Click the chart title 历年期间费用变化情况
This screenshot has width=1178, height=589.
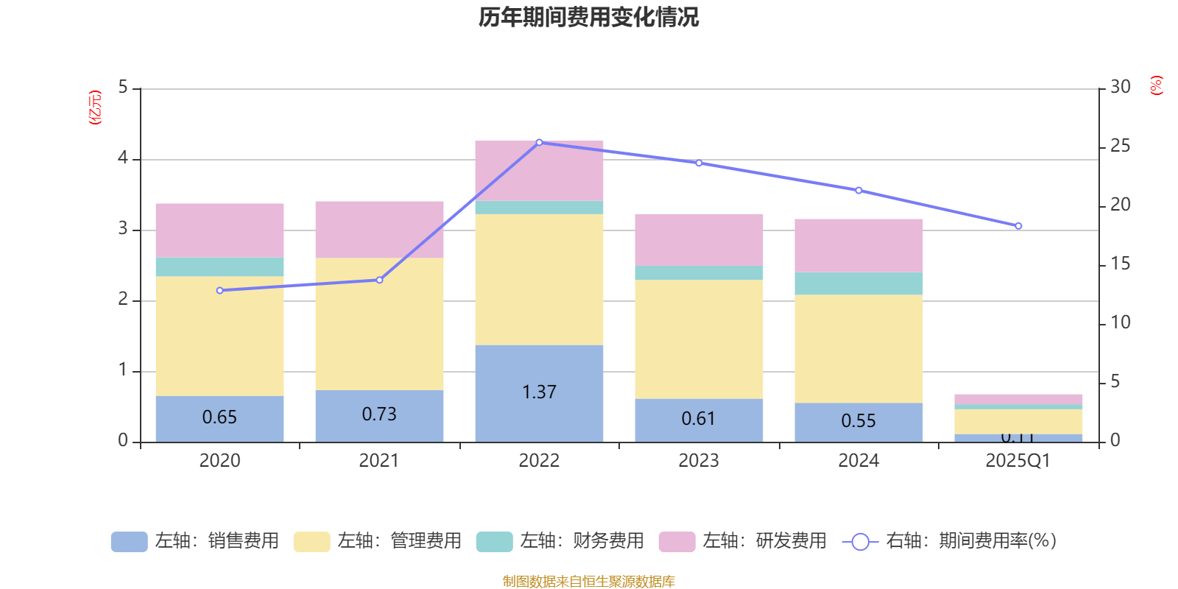588,17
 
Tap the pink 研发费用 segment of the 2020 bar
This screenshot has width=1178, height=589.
219,230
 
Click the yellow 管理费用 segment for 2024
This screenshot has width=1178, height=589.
858,348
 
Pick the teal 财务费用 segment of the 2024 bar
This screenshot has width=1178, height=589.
858,283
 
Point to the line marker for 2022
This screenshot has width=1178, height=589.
539,142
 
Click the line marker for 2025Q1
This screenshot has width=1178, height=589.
1018,226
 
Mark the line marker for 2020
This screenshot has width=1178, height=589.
219,291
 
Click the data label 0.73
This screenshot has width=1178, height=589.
379,415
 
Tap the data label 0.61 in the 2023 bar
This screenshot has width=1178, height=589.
698,419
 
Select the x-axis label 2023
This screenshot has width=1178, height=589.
698,461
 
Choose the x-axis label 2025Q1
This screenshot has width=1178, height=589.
1017,461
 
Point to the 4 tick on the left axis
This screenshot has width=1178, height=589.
123,158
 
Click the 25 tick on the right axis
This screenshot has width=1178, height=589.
1120,147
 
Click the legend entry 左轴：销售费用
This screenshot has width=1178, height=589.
195,541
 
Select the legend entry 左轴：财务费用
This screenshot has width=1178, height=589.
560,541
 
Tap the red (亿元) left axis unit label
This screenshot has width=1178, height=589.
95,107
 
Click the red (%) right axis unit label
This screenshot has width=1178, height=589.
1156,85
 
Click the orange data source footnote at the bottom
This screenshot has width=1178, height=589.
588,582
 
